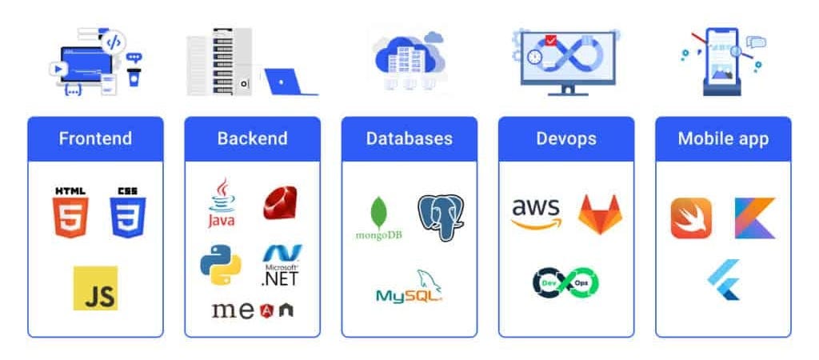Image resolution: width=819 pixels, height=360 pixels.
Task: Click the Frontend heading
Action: tap(95, 138)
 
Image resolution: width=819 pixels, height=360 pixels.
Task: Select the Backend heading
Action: tap(252, 138)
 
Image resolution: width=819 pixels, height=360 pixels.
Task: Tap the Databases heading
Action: tap(409, 138)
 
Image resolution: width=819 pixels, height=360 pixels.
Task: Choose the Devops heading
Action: tap(565, 138)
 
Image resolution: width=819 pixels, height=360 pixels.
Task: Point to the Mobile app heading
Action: tap(723, 138)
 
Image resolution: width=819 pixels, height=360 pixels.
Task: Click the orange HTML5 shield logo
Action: tap(70, 213)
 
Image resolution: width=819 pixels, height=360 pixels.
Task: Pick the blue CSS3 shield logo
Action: tap(128, 213)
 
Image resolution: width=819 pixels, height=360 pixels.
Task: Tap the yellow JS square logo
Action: tap(95, 288)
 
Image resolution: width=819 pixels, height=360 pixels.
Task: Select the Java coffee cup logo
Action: tap(222, 203)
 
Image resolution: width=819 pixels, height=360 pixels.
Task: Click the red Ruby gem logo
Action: tap(280, 203)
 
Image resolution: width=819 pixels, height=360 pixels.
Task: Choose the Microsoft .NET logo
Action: tap(280, 266)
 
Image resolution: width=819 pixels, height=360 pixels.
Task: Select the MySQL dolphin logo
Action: tap(409, 286)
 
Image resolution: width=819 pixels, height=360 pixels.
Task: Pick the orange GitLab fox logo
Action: tap(598, 214)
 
